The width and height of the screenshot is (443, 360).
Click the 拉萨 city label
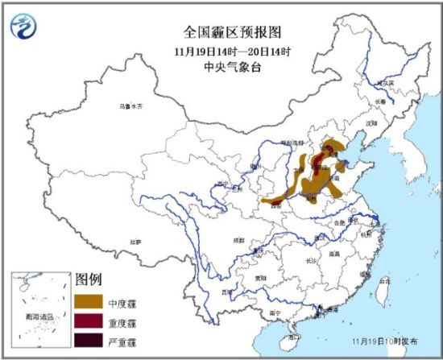(x=135, y=241)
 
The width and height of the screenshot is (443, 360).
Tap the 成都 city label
(x=238, y=239)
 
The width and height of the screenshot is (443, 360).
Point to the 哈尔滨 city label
(x=387, y=83)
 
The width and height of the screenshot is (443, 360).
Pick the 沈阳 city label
(x=371, y=123)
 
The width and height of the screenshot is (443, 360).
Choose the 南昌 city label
(x=334, y=252)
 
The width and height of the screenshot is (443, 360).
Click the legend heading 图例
(x=88, y=280)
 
